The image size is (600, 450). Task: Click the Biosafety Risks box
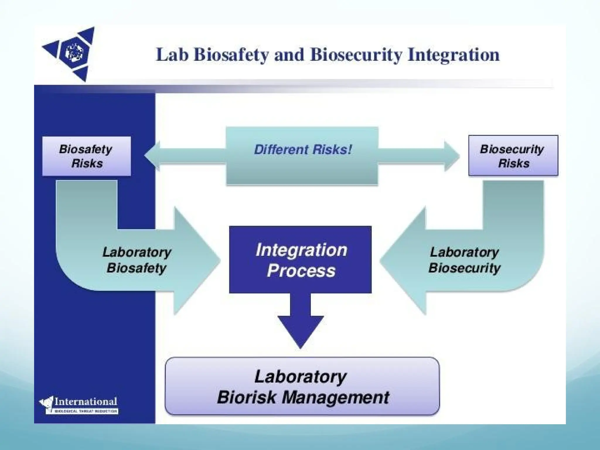(86, 156)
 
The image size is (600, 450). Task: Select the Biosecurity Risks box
(513, 156)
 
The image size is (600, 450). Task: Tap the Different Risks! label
(302, 150)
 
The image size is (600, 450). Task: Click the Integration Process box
(300, 260)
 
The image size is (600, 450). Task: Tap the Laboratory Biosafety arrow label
(137, 260)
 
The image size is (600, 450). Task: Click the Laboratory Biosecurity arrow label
(464, 260)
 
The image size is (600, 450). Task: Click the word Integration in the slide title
(453, 55)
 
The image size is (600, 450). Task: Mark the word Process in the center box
(301, 270)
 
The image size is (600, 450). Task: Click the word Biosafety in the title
(231, 55)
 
